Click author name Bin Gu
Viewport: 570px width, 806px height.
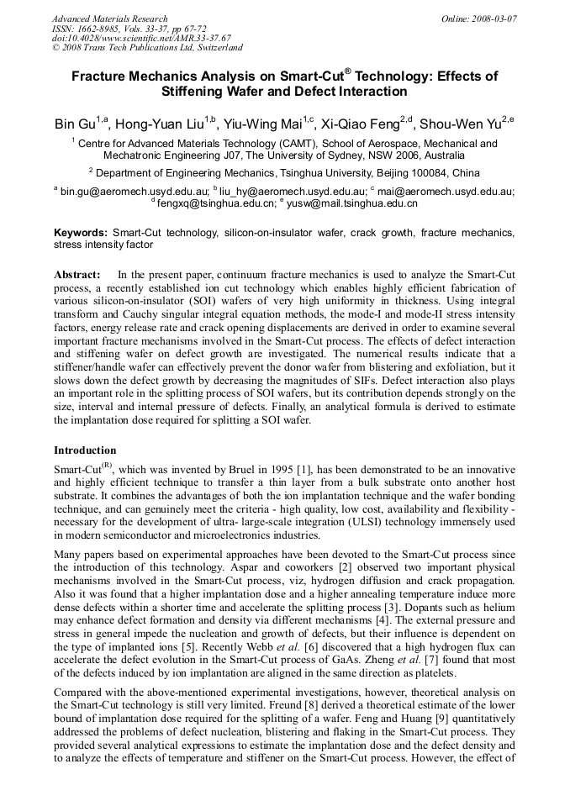coord(74,124)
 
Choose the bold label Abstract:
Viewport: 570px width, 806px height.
coord(77,275)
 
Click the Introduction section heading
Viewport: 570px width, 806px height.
coord(85,450)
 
